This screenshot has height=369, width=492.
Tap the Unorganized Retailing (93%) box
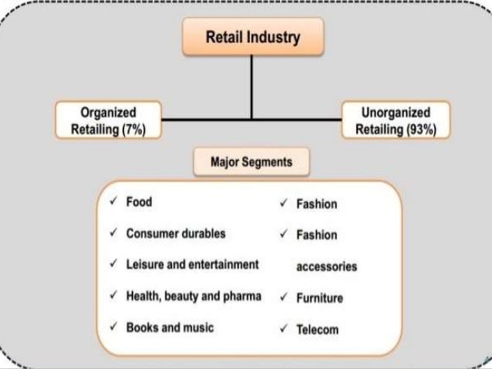coord(396,120)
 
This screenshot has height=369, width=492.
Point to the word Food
coord(140,203)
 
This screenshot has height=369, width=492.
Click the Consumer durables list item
coord(176,233)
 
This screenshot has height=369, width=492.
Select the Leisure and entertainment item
coord(192,265)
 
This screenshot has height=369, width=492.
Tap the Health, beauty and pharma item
coord(194,297)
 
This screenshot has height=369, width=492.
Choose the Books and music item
coord(170,327)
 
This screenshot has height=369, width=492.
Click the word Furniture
coord(320,298)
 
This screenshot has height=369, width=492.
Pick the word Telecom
coord(317,330)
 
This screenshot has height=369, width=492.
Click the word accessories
coord(327,267)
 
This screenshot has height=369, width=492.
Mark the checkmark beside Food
coord(113,203)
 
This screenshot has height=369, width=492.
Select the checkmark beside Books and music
coord(113,327)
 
